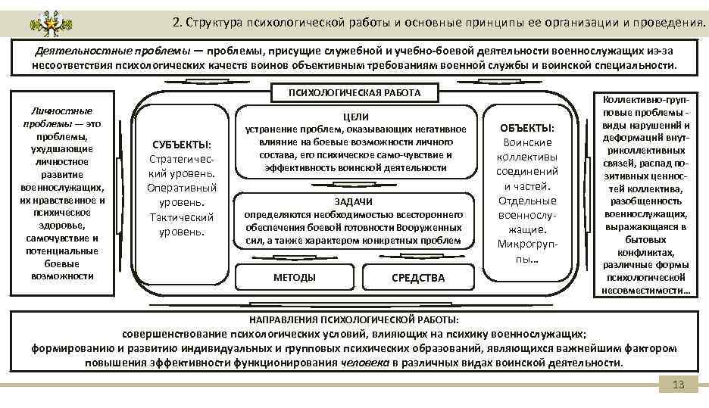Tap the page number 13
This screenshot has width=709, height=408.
tap(678, 385)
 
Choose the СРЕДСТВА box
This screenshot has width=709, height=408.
tap(418, 278)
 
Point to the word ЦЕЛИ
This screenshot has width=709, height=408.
tap(355, 117)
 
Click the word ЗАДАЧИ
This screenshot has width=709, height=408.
tap(353, 201)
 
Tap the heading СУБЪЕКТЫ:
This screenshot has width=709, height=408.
tap(182, 144)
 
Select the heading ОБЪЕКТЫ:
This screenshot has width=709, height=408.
tap(528, 129)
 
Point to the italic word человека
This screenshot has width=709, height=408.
tap(367, 363)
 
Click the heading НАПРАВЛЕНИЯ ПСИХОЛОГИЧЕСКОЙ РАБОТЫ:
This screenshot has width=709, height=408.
tap(354, 319)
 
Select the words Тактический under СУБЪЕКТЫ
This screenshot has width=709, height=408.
tap(182, 217)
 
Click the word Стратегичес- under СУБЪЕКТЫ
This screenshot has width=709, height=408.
tap(182, 159)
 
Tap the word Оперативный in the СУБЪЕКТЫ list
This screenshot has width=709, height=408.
tap(182, 188)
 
